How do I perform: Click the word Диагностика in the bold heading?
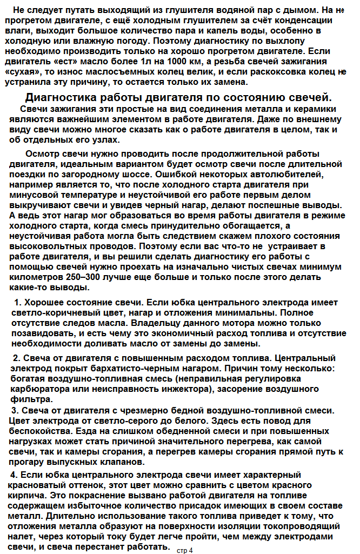(x=60, y=97)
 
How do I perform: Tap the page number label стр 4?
(x=184, y=550)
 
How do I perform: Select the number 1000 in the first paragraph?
(x=206, y=62)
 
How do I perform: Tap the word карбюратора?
(x=35, y=389)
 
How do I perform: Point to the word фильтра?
(x=25, y=399)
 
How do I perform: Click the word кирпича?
(x=27, y=495)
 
